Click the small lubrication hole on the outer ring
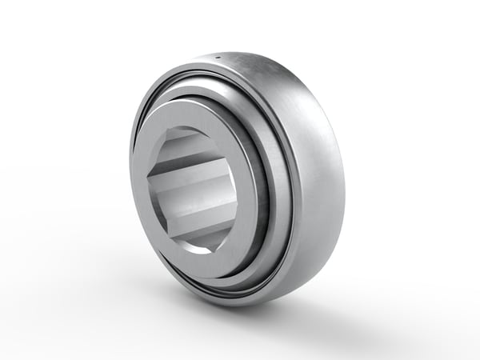click(218, 58)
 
